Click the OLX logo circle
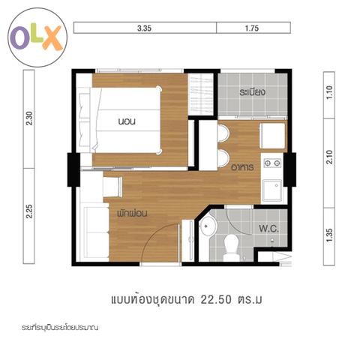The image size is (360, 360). click(x=37, y=37)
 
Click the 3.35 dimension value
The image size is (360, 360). click(x=144, y=28)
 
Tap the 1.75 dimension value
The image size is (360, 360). click(x=252, y=28)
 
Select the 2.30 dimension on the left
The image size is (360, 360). click(x=29, y=118)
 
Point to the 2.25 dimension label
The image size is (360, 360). click(x=29, y=211)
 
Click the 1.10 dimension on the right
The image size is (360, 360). click(x=329, y=92)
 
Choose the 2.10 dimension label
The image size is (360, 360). click(x=329, y=157)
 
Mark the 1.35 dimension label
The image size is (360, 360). click(x=329, y=235)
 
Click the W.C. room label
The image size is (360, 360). click(x=268, y=229)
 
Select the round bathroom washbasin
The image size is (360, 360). click(x=208, y=226)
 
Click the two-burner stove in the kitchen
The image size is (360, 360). click(x=272, y=163)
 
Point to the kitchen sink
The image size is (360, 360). click(x=272, y=190)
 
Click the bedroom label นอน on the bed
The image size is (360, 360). click(x=127, y=121)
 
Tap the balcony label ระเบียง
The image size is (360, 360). click(x=252, y=92)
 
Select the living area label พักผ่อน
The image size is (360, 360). click(x=132, y=213)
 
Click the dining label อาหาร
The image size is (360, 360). click(x=242, y=167)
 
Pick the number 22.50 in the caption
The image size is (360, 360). click(x=216, y=299)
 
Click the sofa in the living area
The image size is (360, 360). click(x=96, y=232)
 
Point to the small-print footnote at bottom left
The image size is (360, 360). click(x=59, y=328)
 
